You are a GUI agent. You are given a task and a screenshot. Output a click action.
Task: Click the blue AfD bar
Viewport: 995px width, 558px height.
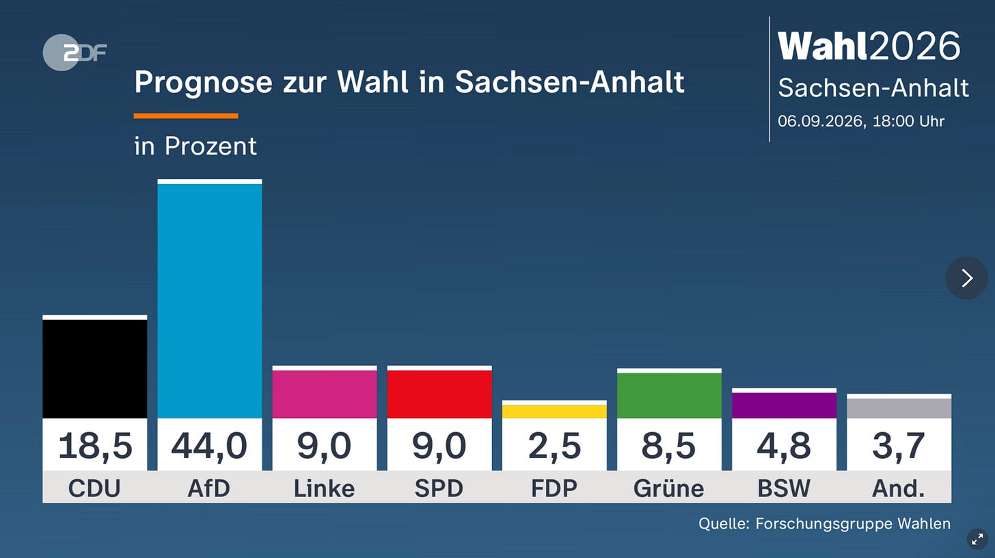[210, 301]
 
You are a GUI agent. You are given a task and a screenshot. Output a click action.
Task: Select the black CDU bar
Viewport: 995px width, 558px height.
[94, 369]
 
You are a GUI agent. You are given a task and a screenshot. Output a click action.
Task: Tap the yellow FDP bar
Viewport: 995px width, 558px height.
[554, 411]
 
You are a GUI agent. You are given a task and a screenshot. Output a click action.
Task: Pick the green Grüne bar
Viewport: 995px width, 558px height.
[670, 395]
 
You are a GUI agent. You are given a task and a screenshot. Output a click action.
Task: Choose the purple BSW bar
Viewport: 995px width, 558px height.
[784, 406]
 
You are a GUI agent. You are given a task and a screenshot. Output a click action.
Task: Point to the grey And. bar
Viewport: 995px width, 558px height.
[899, 408]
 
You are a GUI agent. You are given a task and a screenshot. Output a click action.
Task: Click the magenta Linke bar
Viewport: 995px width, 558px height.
[325, 395]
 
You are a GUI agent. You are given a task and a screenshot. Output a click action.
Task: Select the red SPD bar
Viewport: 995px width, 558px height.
[439, 395]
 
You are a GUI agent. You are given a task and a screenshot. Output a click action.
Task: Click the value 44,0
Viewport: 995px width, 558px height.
[209, 446]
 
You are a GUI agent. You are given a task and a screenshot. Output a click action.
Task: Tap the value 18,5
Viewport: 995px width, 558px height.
[95, 446]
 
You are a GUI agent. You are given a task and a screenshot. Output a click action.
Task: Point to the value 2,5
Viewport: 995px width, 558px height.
[554, 446]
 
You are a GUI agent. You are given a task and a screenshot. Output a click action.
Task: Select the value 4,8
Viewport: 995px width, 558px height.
[784, 446]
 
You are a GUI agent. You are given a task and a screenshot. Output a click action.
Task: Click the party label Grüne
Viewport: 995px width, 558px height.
[669, 488]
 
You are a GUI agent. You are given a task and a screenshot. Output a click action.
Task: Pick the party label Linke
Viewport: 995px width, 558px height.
[324, 488]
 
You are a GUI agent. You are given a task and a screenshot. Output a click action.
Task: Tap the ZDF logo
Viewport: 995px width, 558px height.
[74, 53]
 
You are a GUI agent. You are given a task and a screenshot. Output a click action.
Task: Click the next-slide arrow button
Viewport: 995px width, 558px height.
[966, 278]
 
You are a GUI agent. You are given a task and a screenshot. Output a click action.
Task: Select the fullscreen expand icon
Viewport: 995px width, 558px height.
[977, 540]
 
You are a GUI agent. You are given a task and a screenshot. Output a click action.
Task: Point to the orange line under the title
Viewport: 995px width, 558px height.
[186, 116]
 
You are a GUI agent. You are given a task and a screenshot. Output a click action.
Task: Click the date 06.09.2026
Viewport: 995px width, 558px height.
[819, 122]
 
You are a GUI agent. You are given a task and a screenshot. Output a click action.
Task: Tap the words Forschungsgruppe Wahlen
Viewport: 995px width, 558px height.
[853, 524]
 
